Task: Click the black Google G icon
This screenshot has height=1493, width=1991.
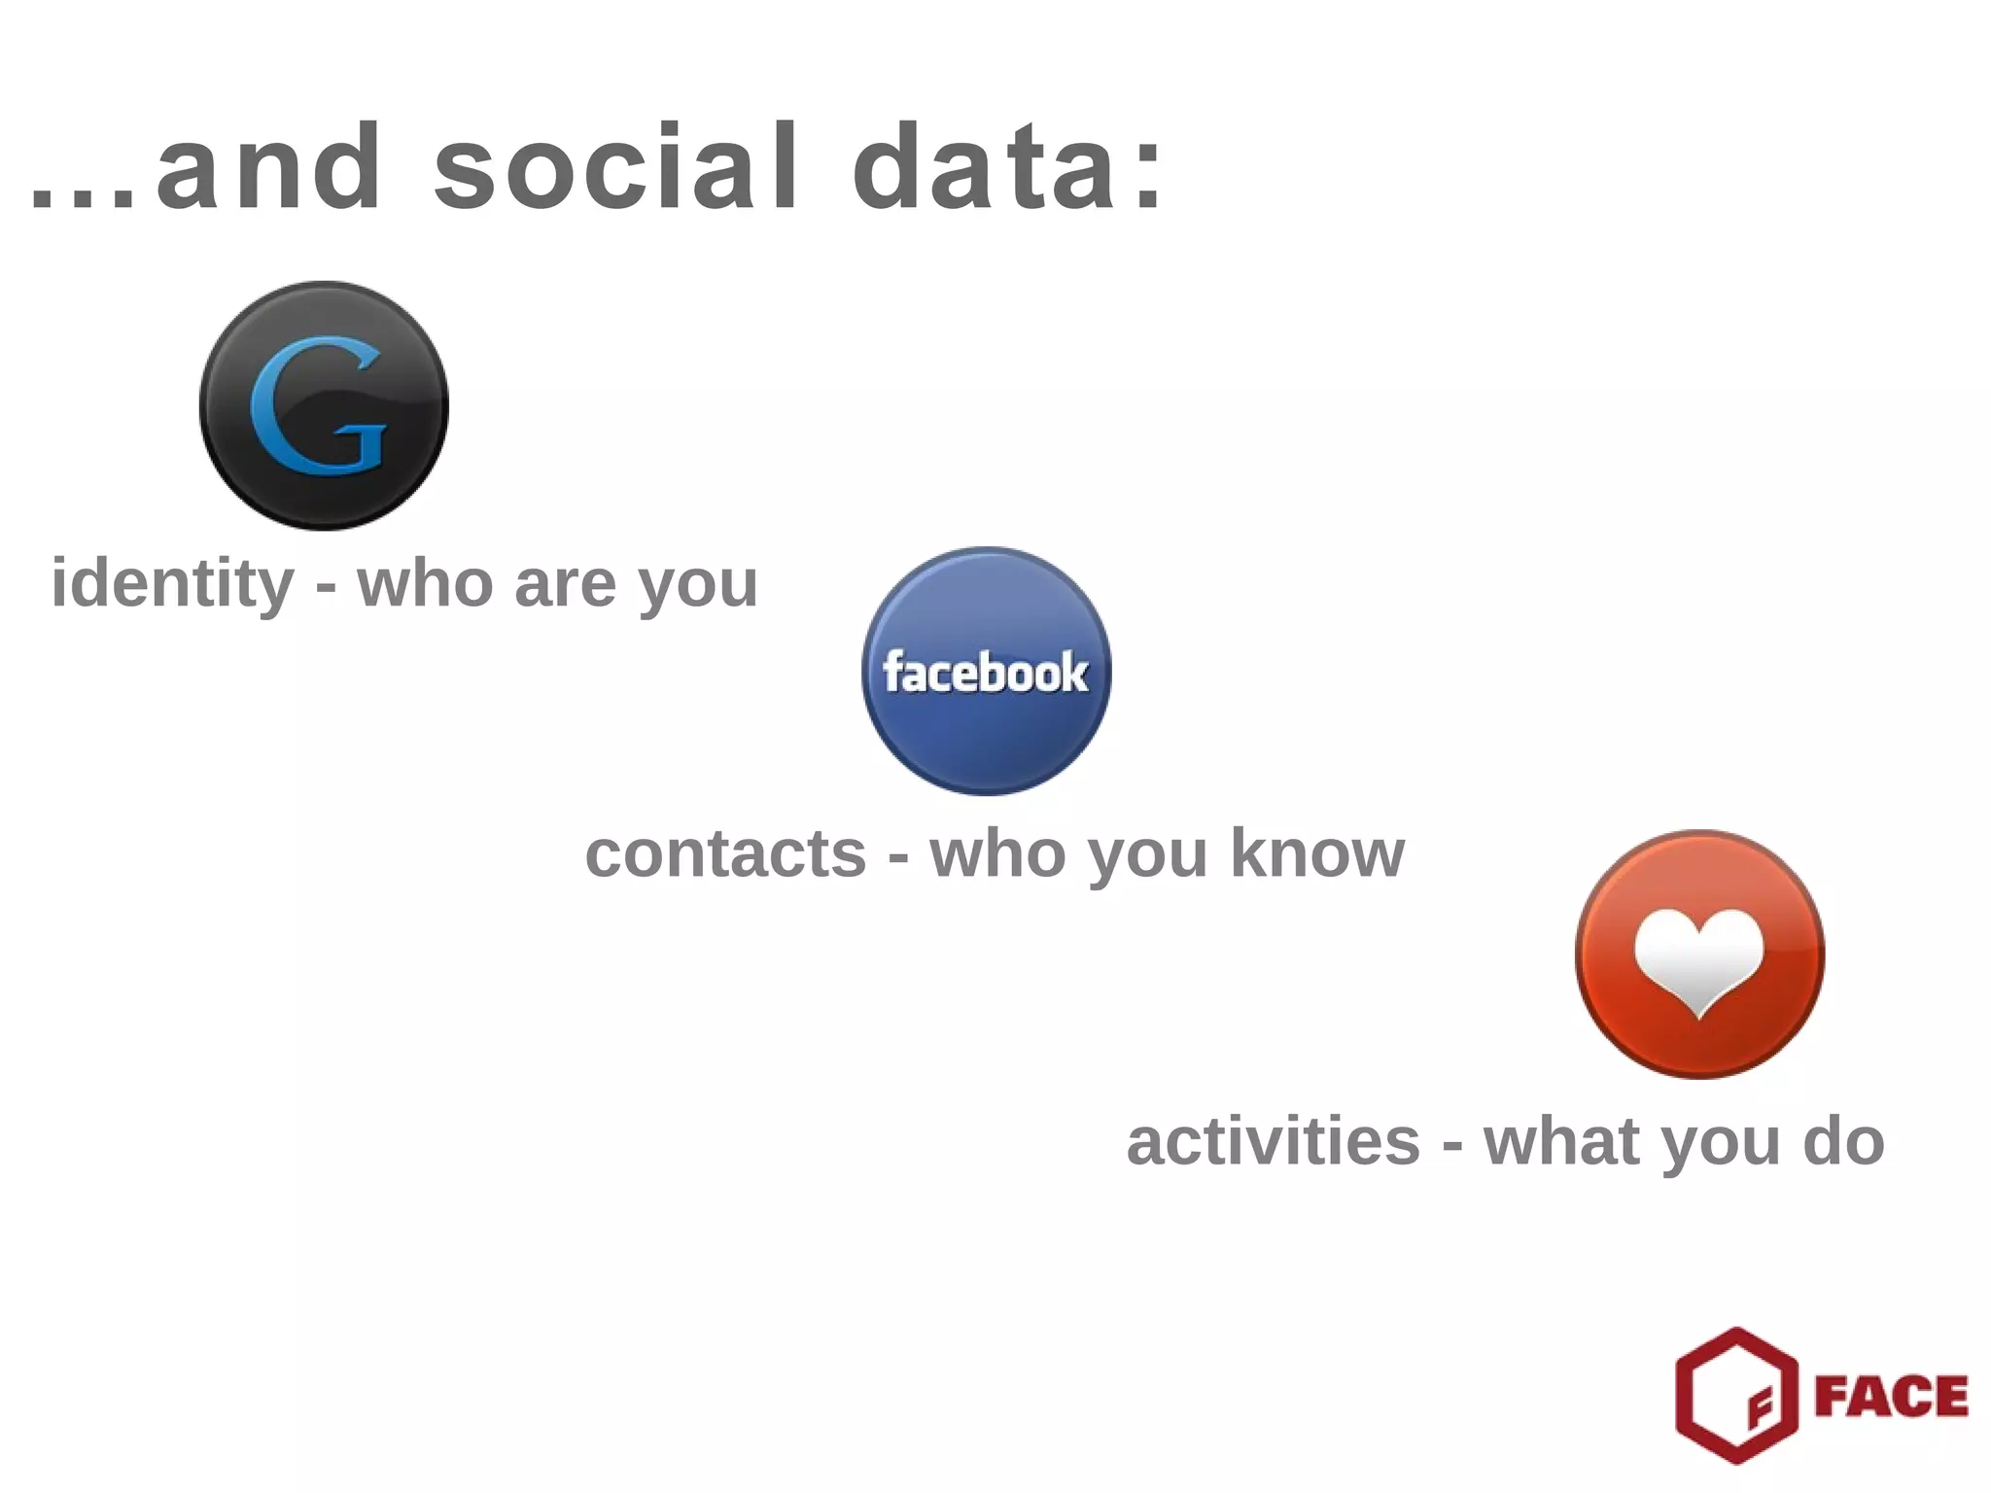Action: (324, 405)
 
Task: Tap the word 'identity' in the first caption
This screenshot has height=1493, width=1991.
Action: (172, 584)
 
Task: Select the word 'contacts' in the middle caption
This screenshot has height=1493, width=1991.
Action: (725, 853)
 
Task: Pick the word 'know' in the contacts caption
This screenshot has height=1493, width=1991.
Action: (1317, 853)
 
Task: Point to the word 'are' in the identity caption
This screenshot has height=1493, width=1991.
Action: (565, 584)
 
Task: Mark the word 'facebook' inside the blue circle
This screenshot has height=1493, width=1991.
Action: (986, 673)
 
